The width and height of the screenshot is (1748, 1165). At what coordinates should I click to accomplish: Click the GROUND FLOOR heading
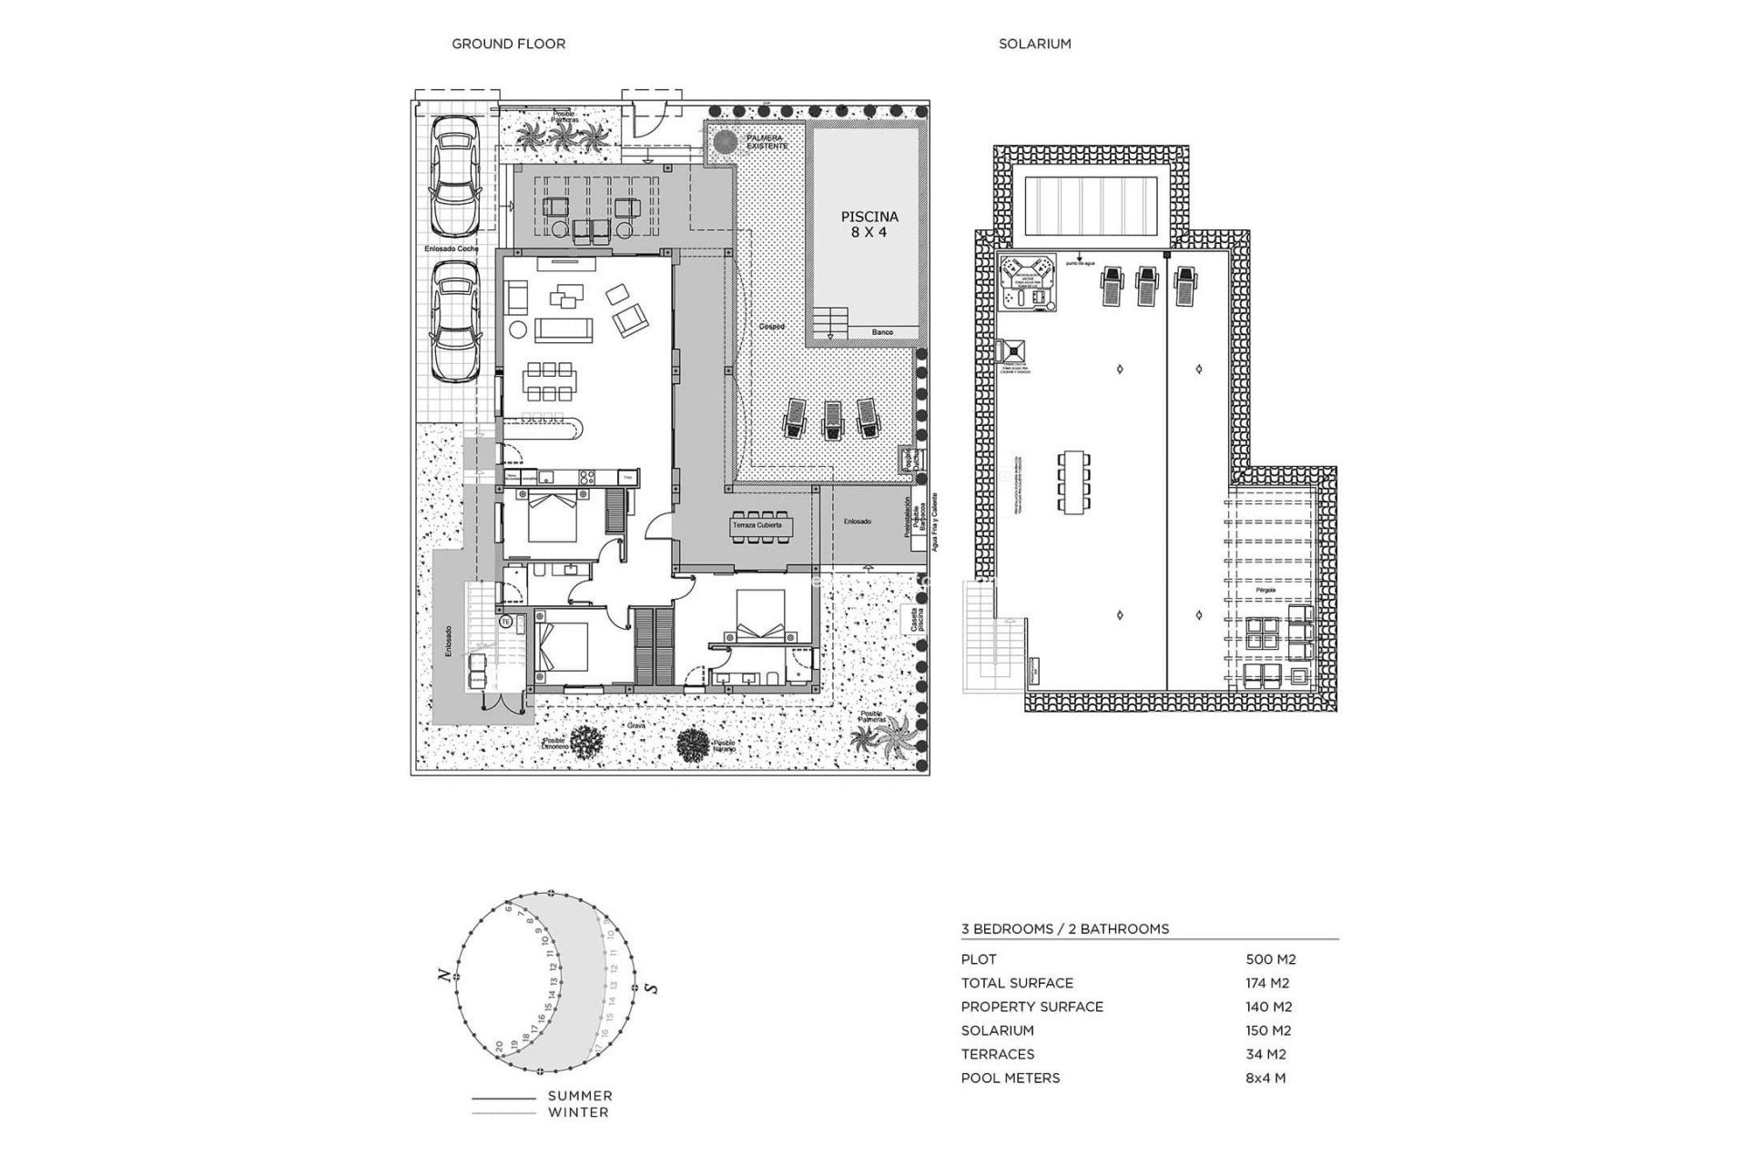[508, 44]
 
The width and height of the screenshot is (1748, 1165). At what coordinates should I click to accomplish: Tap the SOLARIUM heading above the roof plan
[1034, 44]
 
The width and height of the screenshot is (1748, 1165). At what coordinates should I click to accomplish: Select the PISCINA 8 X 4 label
[869, 224]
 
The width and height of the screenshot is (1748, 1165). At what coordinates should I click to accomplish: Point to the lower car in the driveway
[453, 324]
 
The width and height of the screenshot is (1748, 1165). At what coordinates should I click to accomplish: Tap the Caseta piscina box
[908, 621]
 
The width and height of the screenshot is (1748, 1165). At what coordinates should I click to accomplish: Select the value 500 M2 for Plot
[1270, 959]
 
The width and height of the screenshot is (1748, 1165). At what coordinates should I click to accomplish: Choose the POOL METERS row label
[1011, 1078]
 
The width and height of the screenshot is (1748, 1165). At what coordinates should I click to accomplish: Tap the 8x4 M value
[1265, 1078]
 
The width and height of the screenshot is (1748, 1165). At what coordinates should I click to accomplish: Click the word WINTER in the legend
[578, 1112]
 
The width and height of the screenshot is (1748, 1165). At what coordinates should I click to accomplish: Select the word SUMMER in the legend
[580, 1096]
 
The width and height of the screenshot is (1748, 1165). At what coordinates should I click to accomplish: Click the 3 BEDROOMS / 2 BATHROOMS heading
[1065, 929]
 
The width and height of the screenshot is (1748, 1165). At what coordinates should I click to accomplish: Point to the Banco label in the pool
[882, 333]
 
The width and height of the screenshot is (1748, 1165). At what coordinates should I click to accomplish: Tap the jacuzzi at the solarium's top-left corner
[1027, 282]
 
